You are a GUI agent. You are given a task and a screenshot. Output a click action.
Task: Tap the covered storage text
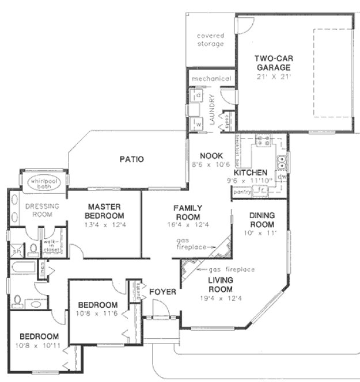pos(210,40)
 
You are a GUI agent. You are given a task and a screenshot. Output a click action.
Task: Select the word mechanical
pos(211,79)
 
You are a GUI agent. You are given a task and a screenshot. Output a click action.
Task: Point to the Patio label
pos(131,159)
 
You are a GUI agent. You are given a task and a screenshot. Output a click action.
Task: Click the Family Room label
pos(187,212)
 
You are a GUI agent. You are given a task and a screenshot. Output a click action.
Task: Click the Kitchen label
pos(250,173)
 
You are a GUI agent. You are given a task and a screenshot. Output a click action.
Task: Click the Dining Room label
pos(263,220)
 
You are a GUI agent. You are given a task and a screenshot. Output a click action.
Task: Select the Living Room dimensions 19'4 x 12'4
pos(220,298)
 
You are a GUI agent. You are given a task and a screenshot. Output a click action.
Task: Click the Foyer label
pos(162,292)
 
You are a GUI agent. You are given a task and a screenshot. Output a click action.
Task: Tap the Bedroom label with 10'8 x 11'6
pos(98,304)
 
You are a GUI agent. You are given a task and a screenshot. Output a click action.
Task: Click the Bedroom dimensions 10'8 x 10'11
pos(39,346)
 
